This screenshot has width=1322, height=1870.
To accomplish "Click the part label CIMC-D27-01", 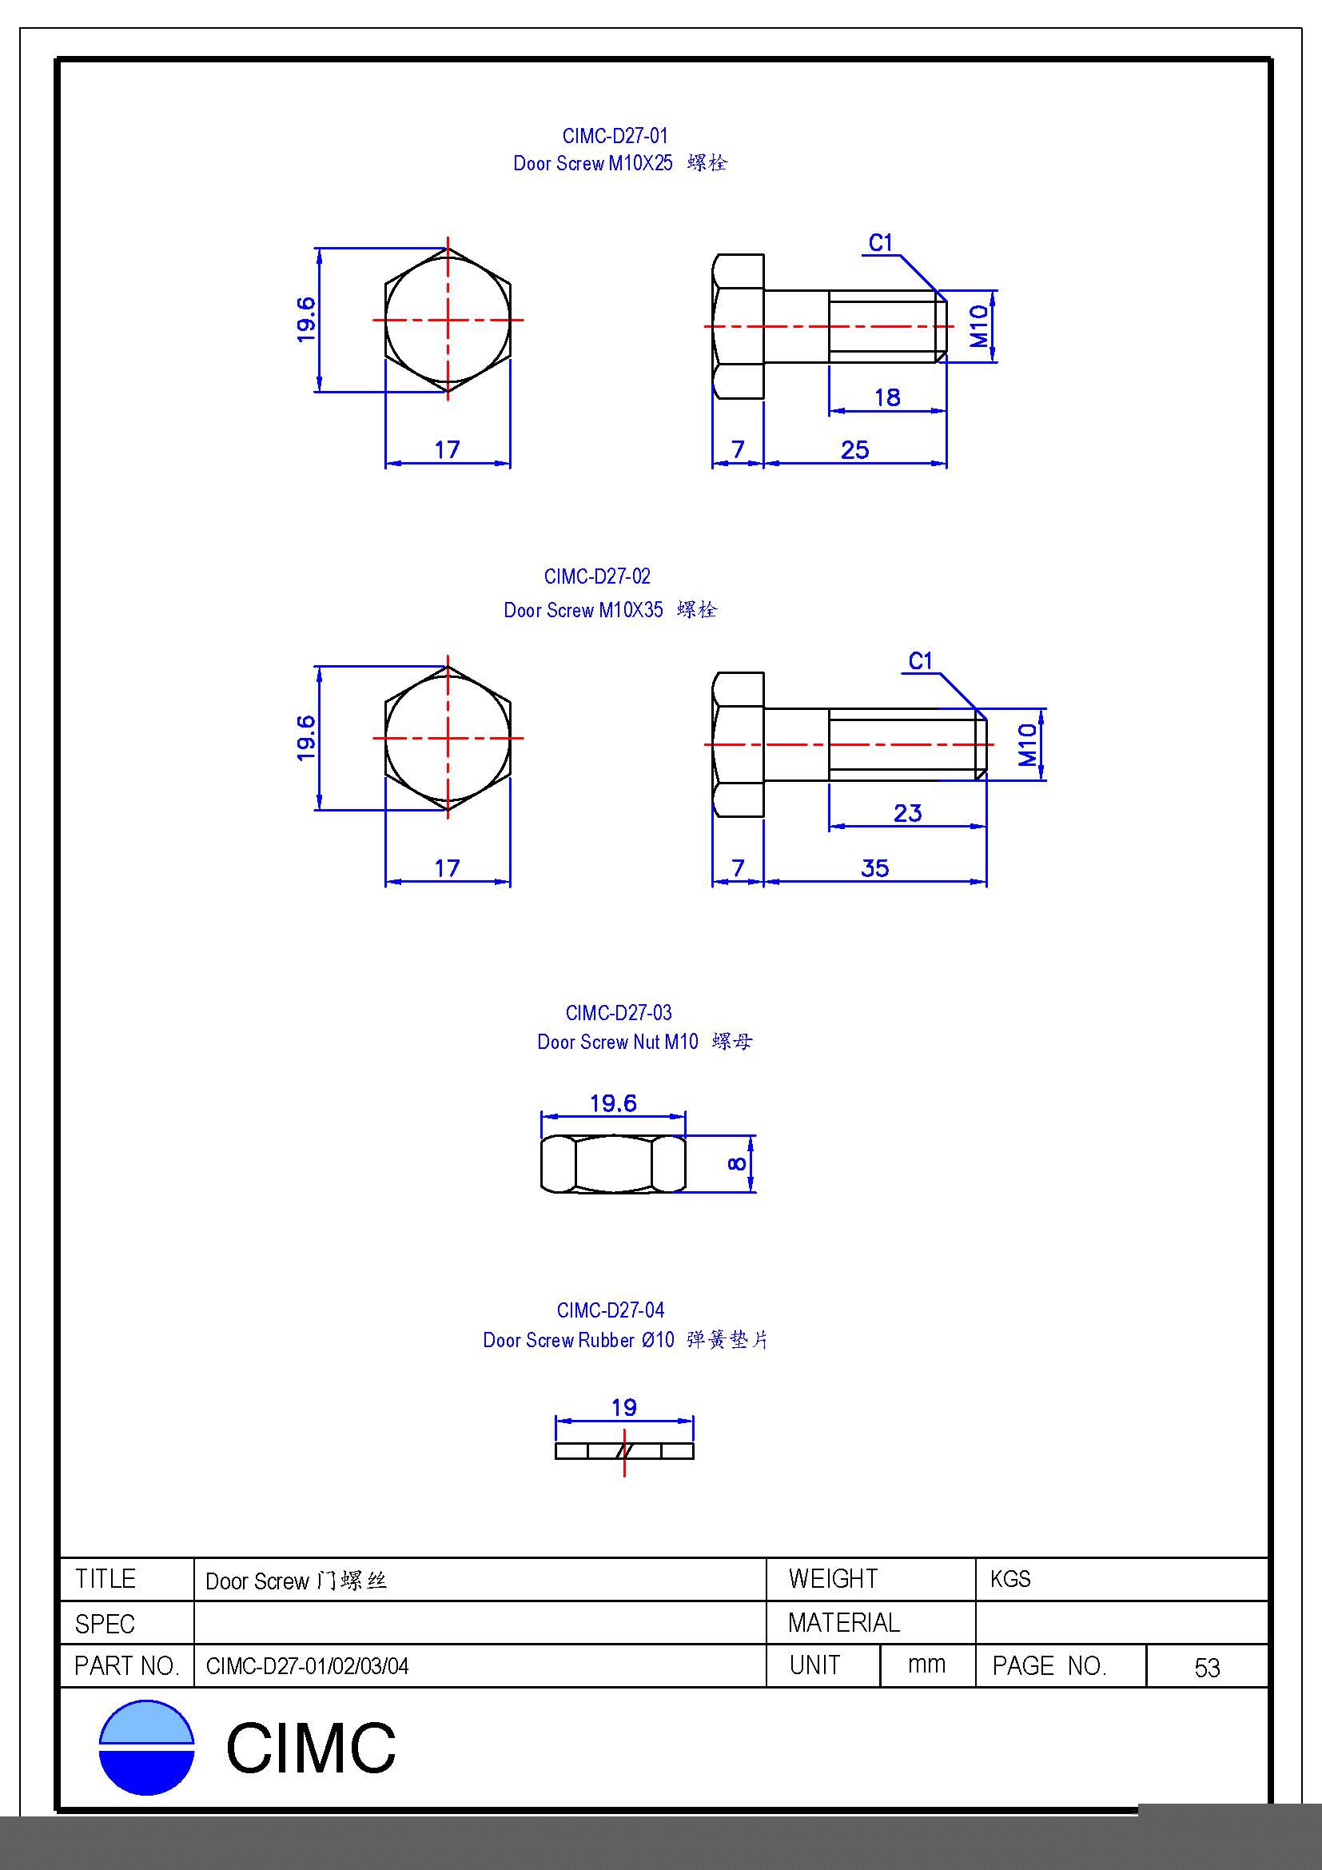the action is (615, 136).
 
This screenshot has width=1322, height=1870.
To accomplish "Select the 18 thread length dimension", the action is (887, 397).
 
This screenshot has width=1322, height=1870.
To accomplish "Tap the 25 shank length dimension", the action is (854, 449).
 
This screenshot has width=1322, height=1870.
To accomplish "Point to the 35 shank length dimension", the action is (875, 868).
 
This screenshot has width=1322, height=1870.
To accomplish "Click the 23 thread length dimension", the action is (908, 813).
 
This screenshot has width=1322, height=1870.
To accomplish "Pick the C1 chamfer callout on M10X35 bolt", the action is (921, 660).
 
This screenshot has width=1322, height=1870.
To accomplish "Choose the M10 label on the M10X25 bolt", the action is (979, 327).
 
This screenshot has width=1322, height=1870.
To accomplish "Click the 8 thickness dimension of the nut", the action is (737, 1164).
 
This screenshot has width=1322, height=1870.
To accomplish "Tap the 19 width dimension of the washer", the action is (624, 1407).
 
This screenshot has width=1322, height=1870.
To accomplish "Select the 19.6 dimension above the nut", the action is (613, 1103).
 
